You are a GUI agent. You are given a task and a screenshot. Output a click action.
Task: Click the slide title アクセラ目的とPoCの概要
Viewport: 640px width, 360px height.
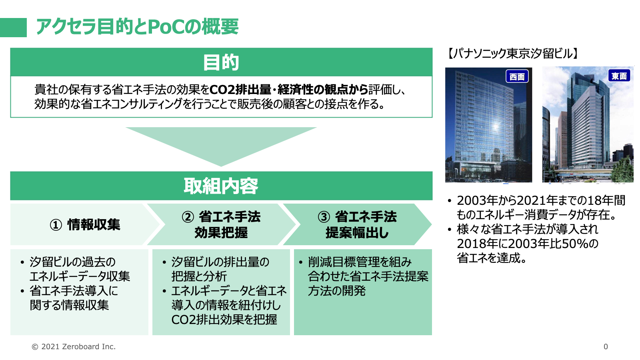click(x=137, y=26)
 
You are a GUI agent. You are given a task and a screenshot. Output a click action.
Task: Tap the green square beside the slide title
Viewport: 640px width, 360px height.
click(x=14, y=28)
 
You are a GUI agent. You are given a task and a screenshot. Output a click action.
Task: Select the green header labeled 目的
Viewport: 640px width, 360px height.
click(x=221, y=62)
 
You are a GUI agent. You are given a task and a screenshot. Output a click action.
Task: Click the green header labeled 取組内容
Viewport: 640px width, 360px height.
click(x=221, y=186)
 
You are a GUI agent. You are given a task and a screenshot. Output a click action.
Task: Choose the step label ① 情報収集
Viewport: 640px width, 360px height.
click(x=85, y=224)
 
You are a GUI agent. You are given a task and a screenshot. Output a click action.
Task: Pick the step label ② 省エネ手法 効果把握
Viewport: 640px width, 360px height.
click(x=221, y=224)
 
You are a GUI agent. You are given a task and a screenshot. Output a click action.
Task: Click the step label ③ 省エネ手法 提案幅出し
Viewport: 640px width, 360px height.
click(x=357, y=224)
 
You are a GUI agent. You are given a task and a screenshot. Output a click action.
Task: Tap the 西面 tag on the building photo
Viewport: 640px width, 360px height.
click(x=517, y=76)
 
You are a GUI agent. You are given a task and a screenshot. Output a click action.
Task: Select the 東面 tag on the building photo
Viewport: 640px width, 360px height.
click(x=619, y=76)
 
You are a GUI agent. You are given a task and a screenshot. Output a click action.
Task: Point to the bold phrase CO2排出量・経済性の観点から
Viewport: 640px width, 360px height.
click(x=289, y=90)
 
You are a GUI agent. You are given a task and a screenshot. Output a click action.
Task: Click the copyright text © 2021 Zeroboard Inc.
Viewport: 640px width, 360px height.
click(x=74, y=346)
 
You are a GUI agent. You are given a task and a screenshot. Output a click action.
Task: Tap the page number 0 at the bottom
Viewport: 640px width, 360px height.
click(x=606, y=346)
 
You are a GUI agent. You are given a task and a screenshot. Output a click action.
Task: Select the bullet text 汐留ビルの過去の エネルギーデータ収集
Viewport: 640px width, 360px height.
click(x=80, y=269)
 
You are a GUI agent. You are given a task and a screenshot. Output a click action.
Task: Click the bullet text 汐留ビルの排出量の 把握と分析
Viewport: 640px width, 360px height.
click(x=220, y=269)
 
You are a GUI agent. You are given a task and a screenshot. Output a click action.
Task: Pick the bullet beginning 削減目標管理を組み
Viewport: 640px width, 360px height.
click(x=368, y=276)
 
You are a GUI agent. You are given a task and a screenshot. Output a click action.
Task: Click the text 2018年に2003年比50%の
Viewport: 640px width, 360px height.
click(x=528, y=244)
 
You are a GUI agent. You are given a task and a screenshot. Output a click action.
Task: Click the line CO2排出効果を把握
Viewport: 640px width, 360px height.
click(x=224, y=320)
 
